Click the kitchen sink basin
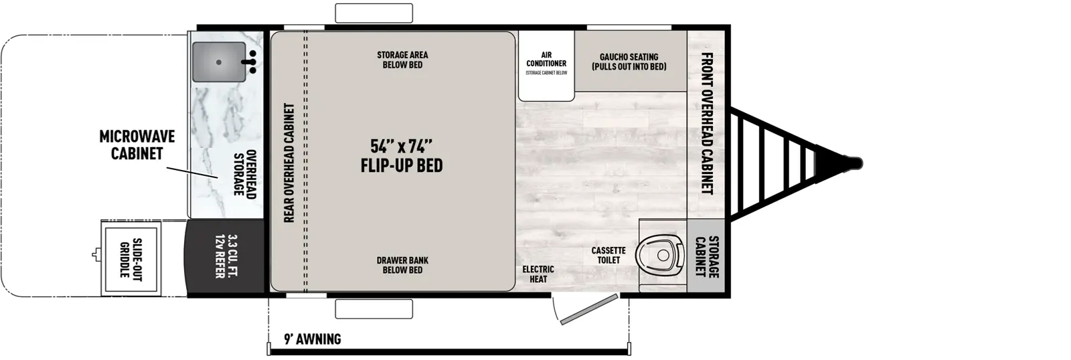coord(219,62)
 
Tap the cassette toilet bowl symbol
coord(660,255)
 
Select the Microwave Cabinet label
coord(137,145)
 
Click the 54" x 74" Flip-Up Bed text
coord(402,155)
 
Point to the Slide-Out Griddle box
coord(131,259)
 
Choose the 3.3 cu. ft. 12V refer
coord(226,256)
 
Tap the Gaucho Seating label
coord(629,62)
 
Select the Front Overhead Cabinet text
coord(707,123)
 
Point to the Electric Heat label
coord(538,274)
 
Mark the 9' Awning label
coord(313,339)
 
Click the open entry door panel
coord(589,310)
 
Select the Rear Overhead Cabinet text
coord(289,163)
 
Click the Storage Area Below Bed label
coord(402,60)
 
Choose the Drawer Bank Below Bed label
coord(402,265)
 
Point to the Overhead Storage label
coord(245,175)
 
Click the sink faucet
coord(250,62)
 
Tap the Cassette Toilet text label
coord(608,256)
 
